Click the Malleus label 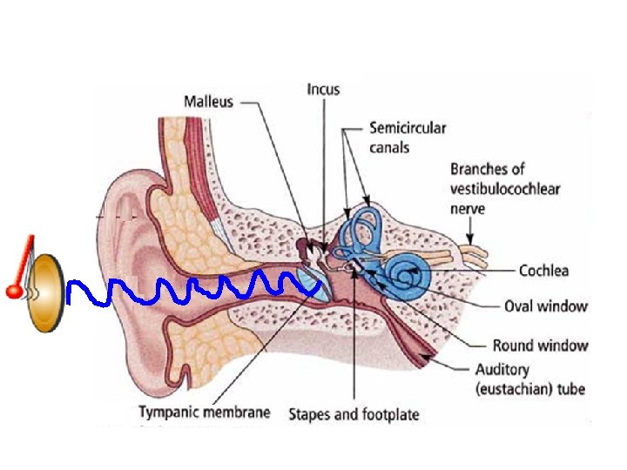click(x=209, y=101)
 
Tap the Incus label click(x=324, y=89)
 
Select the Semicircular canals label click(x=408, y=138)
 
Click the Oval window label click(x=546, y=305)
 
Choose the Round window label click(x=540, y=346)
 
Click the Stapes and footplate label click(x=354, y=414)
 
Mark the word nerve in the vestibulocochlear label click(x=469, y=209)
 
